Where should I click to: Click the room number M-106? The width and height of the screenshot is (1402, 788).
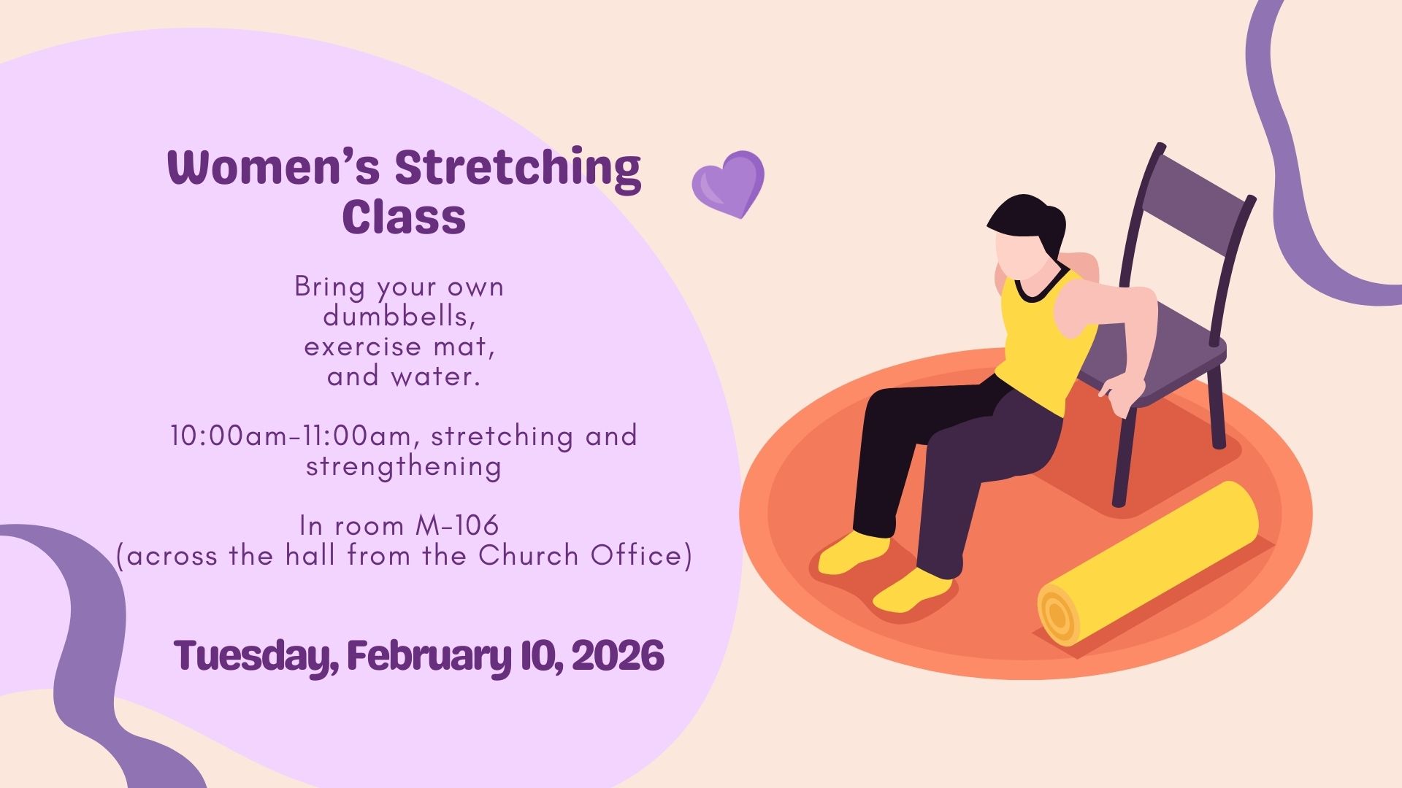[x=457, y=525]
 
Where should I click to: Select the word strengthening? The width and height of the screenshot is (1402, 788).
[x=403, y=467]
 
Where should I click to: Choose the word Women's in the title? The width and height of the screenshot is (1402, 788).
[x=274, y=167]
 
